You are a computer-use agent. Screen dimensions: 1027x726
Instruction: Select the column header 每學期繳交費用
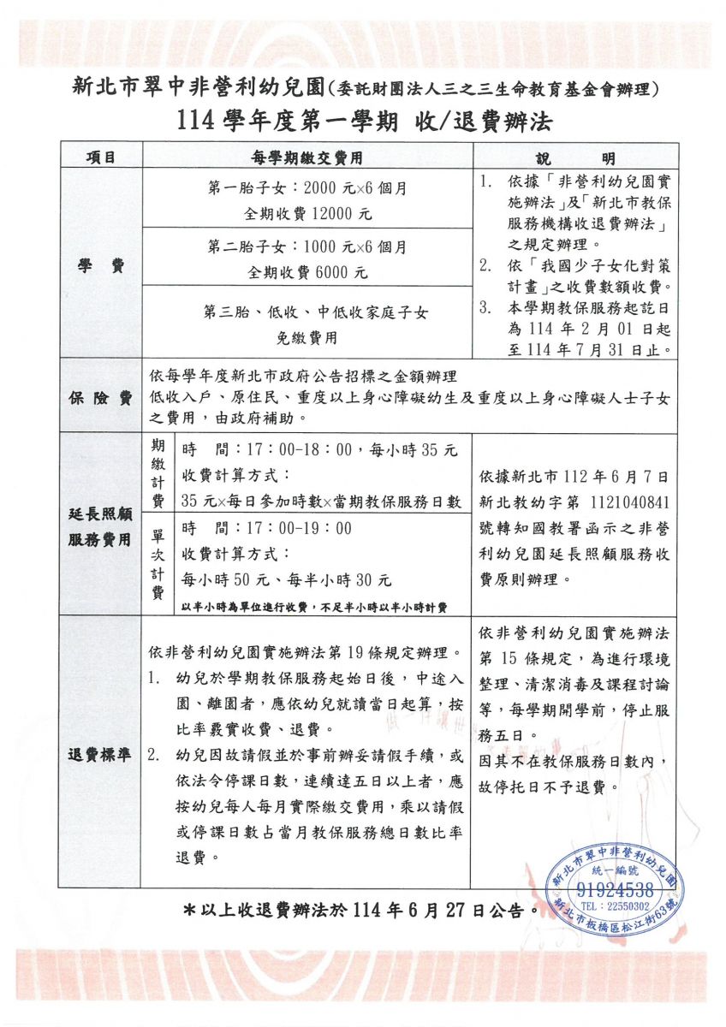306,157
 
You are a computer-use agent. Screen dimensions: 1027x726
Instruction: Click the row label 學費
100,266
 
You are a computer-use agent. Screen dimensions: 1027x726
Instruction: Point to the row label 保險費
100,398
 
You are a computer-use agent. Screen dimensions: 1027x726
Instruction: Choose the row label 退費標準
100,755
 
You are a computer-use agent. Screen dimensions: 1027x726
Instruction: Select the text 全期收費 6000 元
306,273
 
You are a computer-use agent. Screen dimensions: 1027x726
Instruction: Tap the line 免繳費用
306,337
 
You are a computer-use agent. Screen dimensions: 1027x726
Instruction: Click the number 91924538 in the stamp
615,889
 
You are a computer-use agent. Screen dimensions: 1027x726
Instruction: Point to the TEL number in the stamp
615,905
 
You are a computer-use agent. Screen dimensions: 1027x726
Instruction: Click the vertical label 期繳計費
158,473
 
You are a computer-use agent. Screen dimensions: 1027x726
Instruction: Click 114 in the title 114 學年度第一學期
200,122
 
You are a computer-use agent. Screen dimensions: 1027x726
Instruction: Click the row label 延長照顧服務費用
100,526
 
